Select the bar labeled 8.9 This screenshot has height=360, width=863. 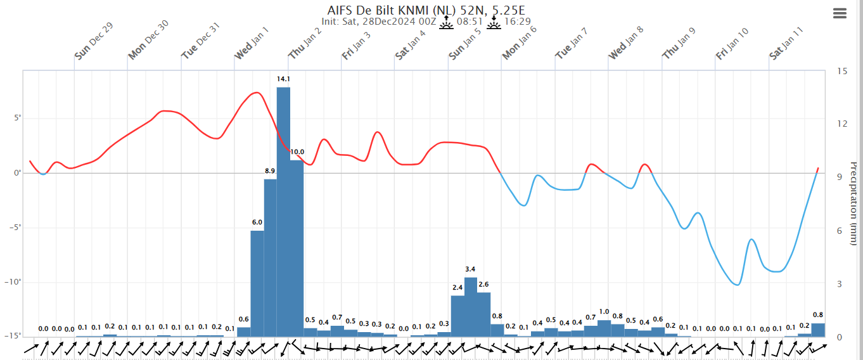click(270, 257)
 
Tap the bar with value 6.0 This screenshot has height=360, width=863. click(257, 283)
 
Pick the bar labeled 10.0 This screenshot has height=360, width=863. click(297, 248)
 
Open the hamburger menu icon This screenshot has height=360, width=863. click(840, 14)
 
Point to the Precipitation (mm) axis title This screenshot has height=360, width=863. click(853, 203)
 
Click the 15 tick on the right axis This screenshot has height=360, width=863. click(841, 71)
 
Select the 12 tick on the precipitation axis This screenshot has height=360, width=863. click(841, 124)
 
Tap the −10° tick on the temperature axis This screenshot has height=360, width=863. click(13, 282)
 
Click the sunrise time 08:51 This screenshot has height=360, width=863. click(470, 22)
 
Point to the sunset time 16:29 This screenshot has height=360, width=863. click(517, 22)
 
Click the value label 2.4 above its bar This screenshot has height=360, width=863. click(457, 288)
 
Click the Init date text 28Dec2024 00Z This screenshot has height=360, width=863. click(397, 22)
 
